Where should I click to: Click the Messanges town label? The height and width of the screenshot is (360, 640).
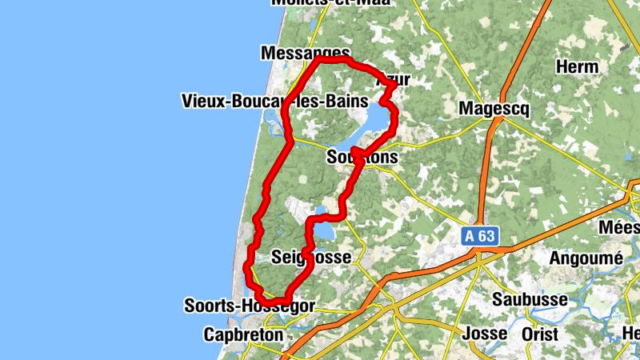point(305,52)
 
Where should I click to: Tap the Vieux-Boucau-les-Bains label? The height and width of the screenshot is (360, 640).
point(274,102)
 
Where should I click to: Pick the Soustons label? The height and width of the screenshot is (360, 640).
point(362,158)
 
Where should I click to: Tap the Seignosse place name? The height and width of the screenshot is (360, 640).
point(306,258)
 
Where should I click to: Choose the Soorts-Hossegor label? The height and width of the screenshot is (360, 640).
point(249,306)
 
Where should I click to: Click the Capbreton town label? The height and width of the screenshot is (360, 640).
point(243,334)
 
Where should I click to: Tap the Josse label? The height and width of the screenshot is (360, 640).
point(485,333)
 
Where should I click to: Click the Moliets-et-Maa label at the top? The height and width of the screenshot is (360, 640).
point(330,3)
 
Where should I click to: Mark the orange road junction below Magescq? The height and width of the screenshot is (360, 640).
point(497,122)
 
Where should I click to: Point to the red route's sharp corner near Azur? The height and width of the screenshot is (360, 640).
point(394,87)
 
